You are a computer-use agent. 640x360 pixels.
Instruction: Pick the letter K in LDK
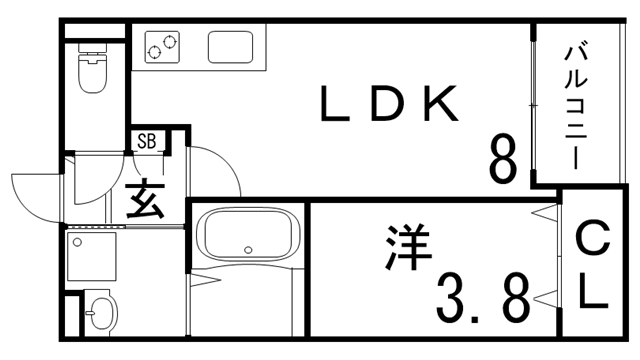tap(439, 105)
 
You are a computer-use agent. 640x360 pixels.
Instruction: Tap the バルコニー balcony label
tap(575, 104)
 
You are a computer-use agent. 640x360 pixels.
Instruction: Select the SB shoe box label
tap(146, 141)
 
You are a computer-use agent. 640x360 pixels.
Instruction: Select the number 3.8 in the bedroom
tap(481, 297)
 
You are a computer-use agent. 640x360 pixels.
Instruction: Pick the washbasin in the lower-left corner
tap(97, 314)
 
